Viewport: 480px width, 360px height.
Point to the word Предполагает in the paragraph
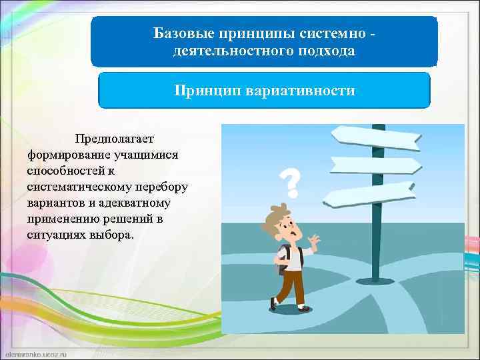click(114, 139)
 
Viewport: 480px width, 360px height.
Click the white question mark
click(289, 182)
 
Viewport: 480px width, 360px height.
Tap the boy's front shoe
click(303, 308)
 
